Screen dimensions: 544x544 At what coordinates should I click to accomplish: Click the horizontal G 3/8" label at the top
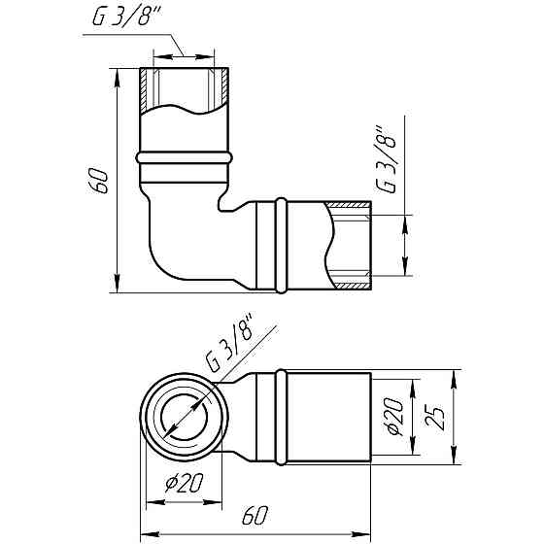click(x=122, y=19)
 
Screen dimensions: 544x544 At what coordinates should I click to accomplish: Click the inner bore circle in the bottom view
click(x=182, y=419)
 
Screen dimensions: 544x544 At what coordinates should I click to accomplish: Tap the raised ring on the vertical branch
click(x=185, y=157)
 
